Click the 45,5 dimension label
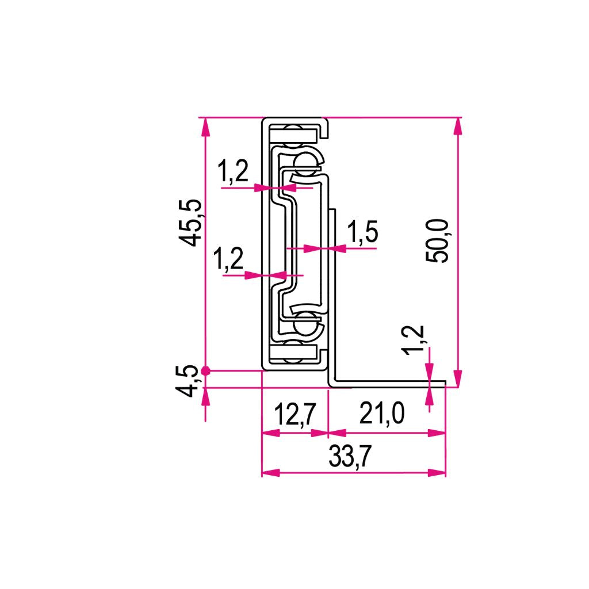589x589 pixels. click(191, 223)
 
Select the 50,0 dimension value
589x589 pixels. click(437, 241)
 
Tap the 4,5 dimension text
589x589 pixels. click(186, 381)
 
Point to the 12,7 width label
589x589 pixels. click(295, 414)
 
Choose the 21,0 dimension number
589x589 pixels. click(382, 413)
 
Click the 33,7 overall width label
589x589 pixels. click(350, 456)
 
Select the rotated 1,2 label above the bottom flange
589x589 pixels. click(413, 340)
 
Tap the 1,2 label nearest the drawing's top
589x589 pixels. click(233, 171)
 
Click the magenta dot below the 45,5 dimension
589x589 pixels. click(205, 371)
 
